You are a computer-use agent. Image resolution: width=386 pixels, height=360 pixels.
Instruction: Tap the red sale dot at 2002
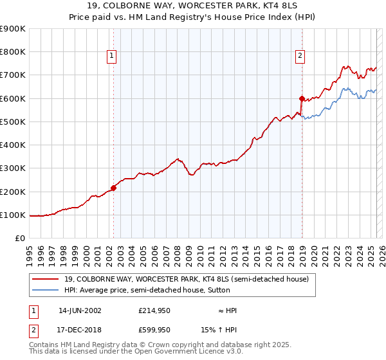click(x=114, y=188)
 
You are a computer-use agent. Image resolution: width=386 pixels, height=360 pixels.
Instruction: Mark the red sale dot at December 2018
click(x=302, y=98)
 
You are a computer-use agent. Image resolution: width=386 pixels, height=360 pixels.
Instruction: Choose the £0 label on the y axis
click(x=21, y=239)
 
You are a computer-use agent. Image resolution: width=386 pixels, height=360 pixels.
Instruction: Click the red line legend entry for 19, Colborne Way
click(x=187, y=279)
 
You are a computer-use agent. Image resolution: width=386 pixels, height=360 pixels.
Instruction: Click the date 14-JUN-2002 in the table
click(x=80, y=310)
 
